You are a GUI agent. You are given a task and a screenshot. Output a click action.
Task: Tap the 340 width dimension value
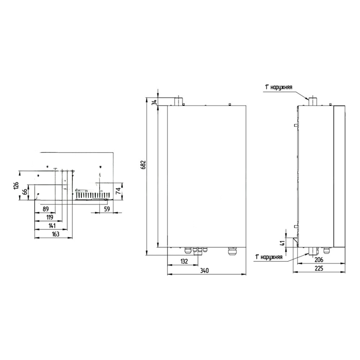(x=204, y=270)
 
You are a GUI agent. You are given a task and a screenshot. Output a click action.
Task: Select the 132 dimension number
(x=184, y=261)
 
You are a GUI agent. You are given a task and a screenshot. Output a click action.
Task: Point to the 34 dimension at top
(x=155, y=102)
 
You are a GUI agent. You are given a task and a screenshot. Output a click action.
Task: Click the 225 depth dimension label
(x=319, y=268)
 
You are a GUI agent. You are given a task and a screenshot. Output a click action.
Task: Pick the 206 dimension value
(x=319, y=260)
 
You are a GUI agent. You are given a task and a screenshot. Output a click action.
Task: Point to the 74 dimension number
(x=118, y=191)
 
